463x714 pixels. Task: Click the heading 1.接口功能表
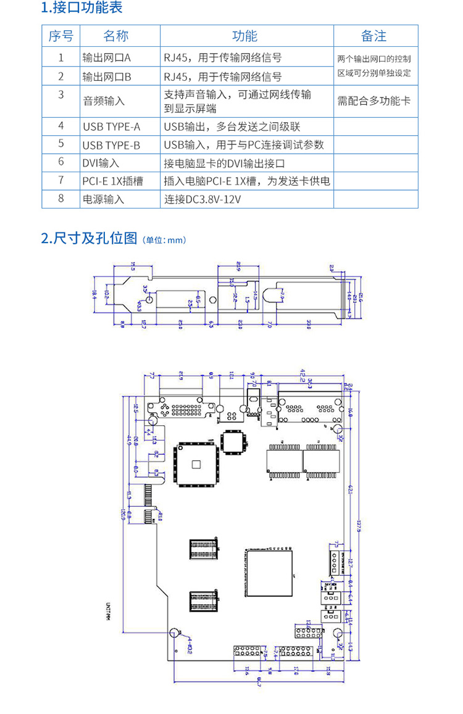(81, 8)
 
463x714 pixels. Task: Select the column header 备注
(374, 36)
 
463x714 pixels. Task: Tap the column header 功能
(244, 36)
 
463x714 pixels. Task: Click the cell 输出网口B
(107, 77)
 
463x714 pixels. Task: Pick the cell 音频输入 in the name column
(104, 101)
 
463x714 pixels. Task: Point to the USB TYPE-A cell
(111, 127)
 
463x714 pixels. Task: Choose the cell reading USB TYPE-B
(111, 145)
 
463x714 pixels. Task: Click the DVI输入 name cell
(101, 163)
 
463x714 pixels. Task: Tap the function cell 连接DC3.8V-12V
(202, 199)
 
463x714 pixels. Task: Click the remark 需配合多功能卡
(374, 101)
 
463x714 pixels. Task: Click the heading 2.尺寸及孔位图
(89, 238)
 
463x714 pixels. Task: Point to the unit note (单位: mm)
(164, 240)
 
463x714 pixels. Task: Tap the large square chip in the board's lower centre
(269, 572)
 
